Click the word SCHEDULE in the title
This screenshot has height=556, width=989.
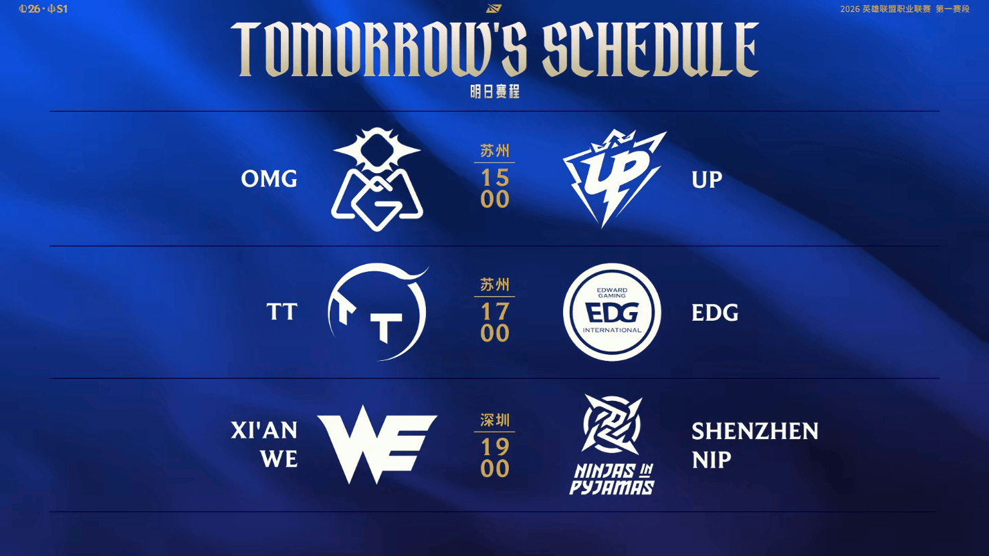point(650,49)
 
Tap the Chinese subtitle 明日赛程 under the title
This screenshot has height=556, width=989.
point(495,92)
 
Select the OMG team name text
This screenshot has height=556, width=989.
point(269,179)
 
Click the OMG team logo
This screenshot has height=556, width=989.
point(377,179)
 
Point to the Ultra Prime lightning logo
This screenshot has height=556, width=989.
point(613,178)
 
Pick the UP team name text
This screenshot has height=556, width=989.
point(707,180)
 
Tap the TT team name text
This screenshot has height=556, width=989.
point(282,312)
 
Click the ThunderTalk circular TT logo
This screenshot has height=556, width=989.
point(378,312)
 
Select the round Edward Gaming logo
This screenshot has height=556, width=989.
point(612,312)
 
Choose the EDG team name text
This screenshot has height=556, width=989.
point(715,313)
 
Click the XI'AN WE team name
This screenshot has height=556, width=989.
point(265,444)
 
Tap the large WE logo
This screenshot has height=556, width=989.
point(377,444)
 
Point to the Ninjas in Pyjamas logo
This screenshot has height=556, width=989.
point(612,445)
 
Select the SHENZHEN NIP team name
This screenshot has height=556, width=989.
point(754,445)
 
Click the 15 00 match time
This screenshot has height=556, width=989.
point(495,188)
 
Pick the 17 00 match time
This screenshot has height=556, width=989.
point(495,322)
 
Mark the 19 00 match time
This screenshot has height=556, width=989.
point(495,458)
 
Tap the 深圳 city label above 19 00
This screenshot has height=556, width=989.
point(495,420)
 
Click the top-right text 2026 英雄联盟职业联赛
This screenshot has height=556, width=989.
point(885,9)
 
